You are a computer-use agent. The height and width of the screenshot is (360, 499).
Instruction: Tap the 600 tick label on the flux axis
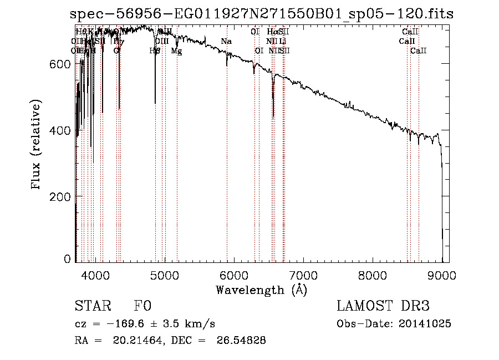60,64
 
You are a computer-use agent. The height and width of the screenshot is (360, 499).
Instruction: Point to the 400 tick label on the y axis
60,130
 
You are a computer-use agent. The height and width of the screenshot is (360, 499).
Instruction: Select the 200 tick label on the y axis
60,197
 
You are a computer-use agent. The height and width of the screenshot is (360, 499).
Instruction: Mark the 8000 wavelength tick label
372,275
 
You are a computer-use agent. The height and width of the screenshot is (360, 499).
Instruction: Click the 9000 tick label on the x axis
441,275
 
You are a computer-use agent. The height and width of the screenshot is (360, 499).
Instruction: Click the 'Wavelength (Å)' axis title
261,290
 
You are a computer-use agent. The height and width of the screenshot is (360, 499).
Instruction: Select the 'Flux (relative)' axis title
37,146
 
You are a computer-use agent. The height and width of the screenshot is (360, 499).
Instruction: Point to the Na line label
226,42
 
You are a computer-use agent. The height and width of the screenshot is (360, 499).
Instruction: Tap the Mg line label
176,51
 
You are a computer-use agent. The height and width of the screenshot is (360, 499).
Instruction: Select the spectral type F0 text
142,307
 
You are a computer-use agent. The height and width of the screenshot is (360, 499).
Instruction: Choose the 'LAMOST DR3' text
383,307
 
